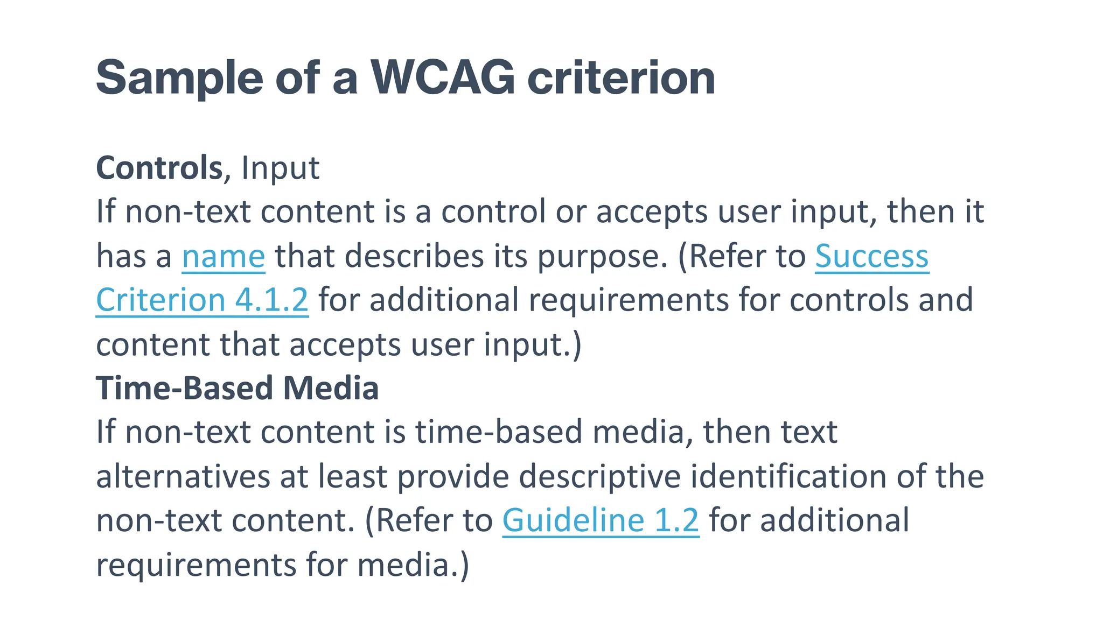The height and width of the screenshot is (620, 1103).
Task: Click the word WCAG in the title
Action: tap(443, 78)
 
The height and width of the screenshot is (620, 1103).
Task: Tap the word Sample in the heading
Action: tap(179, 78)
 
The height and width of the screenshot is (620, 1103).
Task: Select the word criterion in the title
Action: tap(620, 78)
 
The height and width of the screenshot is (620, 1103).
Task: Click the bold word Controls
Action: tap(159, 168)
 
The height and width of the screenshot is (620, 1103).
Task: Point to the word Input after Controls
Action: tap(280, 168)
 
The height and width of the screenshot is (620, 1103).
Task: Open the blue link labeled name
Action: tap(223, 256)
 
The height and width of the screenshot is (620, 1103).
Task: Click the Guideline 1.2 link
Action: tap(601, 520)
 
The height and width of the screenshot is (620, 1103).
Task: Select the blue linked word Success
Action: tap(871, 256)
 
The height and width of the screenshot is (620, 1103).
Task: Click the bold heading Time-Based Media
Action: tap(237, 388)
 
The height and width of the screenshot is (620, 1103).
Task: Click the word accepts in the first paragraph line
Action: tap(651, 212)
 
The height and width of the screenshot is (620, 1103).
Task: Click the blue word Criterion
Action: tap(160, 300)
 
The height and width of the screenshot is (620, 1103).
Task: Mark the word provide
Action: tap(453, 476)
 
